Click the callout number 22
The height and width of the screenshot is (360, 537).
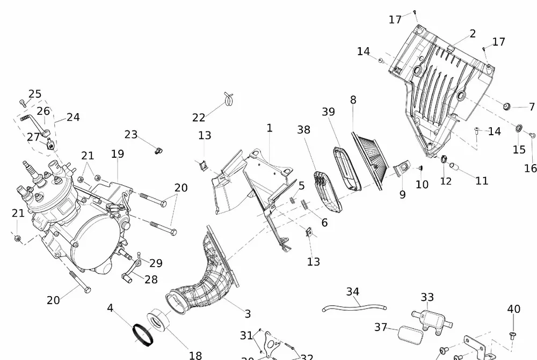point(199,117)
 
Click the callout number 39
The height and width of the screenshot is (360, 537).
point(329,112)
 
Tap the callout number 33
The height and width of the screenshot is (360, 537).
point(427,297)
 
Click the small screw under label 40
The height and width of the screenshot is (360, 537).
point(513,335)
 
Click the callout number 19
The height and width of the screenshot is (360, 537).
point(118,154)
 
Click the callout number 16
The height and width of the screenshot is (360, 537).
point(531,168)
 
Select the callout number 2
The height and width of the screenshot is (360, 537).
point(473,34)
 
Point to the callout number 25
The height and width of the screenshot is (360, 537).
point(35,94)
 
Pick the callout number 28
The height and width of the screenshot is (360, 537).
point(151,280)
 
